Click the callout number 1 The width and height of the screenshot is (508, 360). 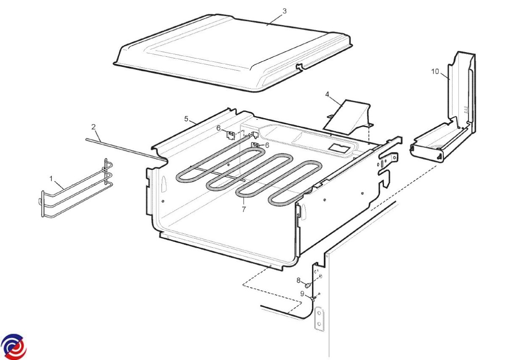coord(51,179)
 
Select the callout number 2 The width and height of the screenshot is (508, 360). coord(94,127)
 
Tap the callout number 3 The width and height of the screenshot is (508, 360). coord(284,11)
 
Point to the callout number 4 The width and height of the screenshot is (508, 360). coord(327,94)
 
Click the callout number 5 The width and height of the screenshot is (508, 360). coord(186,119)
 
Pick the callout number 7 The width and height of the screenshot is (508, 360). coord(244,209)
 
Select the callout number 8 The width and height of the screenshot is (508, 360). coord(298,281)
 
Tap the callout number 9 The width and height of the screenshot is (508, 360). coord(302,294)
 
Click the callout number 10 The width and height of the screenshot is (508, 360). coord(435,72)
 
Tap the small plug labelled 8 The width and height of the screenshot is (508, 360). coord(308,285)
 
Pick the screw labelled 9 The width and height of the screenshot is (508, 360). coord(314,299)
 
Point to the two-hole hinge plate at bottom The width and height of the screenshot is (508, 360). coord(319,318)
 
